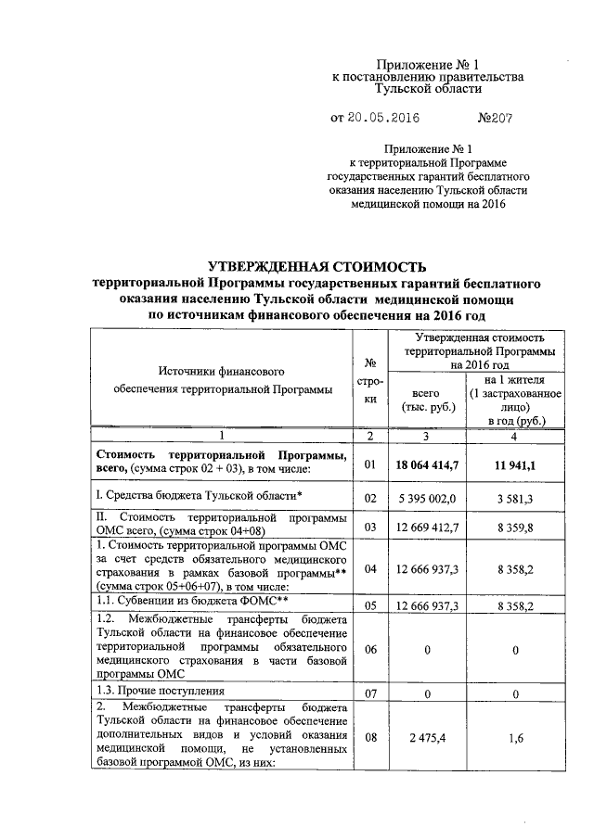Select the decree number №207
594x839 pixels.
point(496,119)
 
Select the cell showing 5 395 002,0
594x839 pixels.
point(427,499)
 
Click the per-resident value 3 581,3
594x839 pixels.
point(513,499)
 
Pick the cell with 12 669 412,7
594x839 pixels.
point(427,527)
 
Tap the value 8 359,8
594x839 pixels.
point(513,527)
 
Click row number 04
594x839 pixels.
point(369,567)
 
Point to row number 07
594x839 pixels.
point(369,693)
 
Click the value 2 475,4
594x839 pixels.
point(427,737)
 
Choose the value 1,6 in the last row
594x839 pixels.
point(513,737)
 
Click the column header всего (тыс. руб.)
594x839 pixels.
point(427,400)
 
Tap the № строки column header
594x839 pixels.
point(369,381)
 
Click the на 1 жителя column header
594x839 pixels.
point(513,400)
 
